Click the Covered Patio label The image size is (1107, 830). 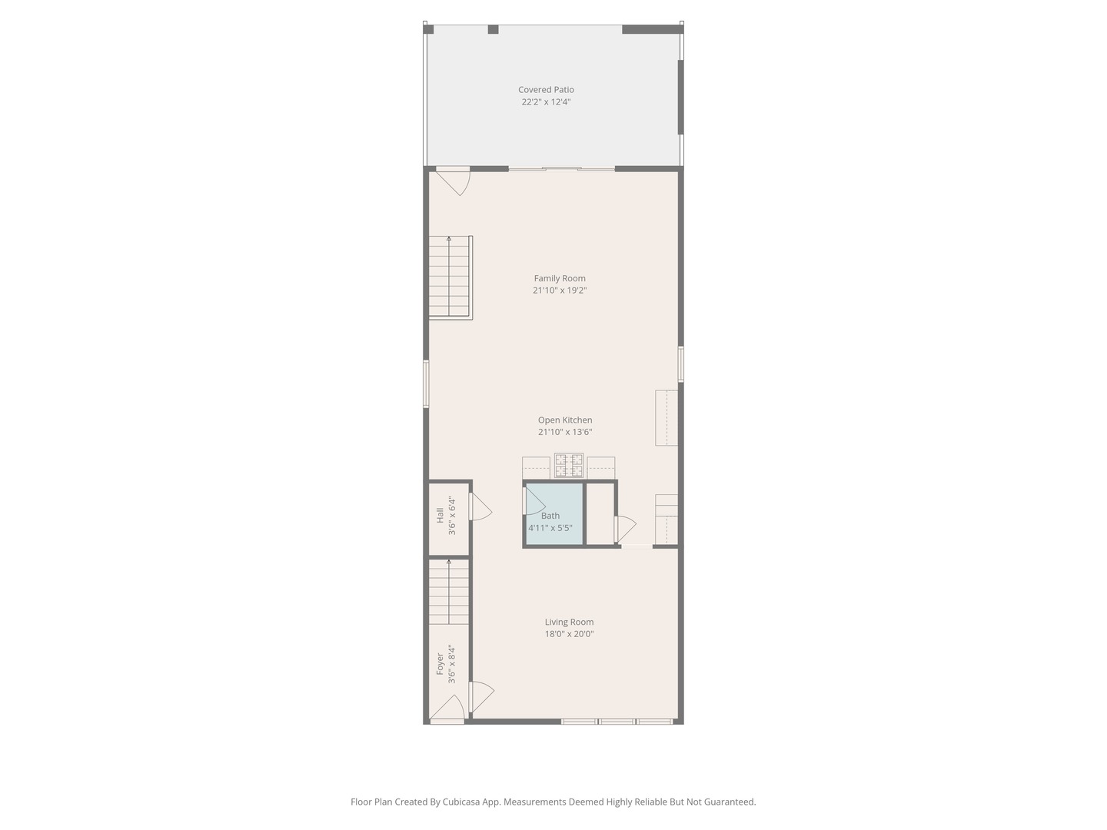click(546, 90)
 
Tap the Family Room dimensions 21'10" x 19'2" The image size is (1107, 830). click(560, 290)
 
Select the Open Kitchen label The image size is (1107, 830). click(565, 420)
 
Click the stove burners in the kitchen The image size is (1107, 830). click(569, 466)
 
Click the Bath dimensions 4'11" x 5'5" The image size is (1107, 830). click(550, 528)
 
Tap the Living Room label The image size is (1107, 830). click(569, 622)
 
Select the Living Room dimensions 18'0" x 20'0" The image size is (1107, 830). click(569, 634)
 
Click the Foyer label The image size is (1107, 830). click(440, 664)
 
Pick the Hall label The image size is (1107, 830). click(440, 515)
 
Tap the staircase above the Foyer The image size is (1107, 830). click(449, 592)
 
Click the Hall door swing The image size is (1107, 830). click(480, 507)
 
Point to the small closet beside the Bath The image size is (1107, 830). click(600, 513)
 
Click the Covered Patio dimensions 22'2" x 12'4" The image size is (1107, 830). click(546, 101)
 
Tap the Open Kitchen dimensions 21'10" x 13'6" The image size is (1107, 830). click(565, 432)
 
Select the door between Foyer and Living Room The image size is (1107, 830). click(480, 696)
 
